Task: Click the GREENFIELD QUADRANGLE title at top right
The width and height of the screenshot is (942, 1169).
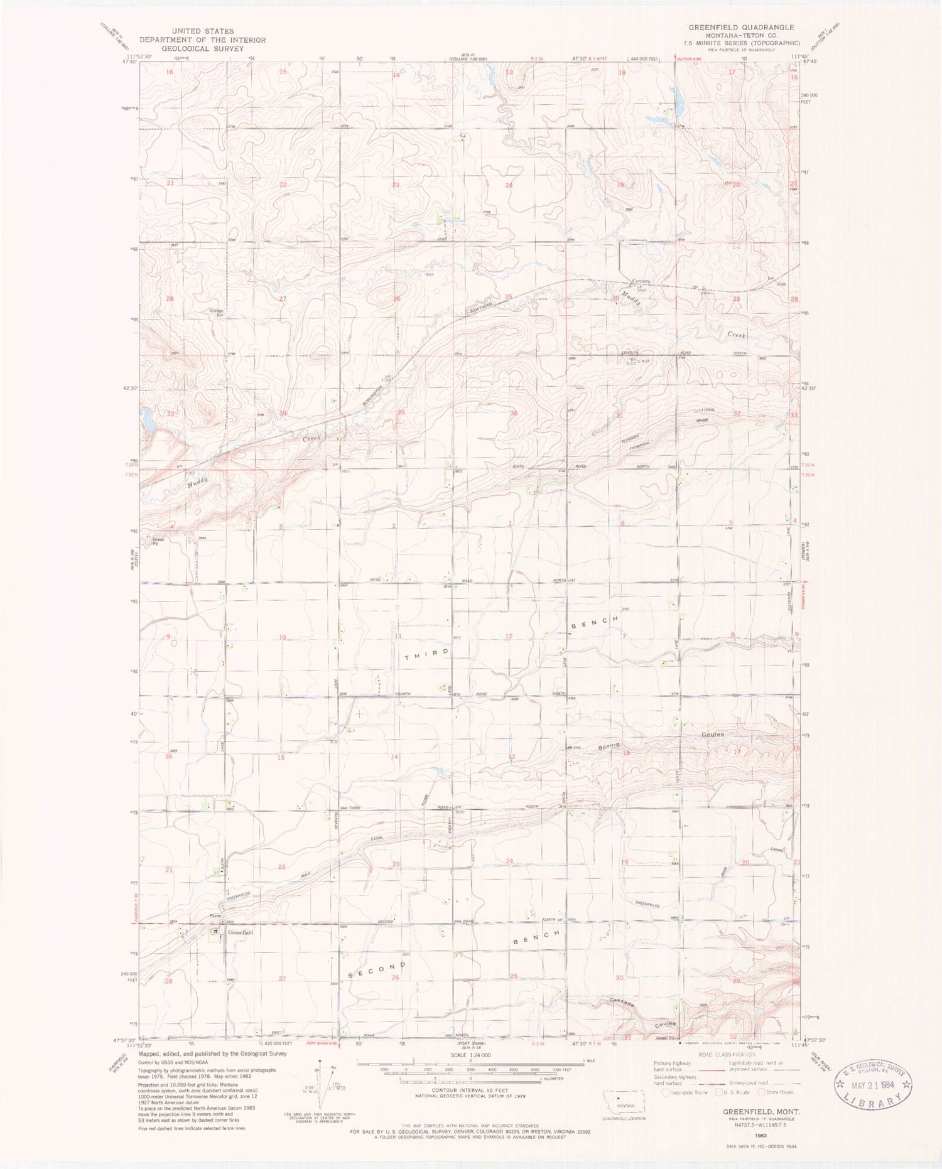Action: (741, 28)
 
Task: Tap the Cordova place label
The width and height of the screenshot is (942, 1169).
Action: (641, 281)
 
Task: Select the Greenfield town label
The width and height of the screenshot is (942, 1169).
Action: (240, 932)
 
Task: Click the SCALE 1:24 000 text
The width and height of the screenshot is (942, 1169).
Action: (470, 1055)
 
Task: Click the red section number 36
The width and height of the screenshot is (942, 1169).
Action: (514, 412)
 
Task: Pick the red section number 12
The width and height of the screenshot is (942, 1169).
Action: (509, 636)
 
